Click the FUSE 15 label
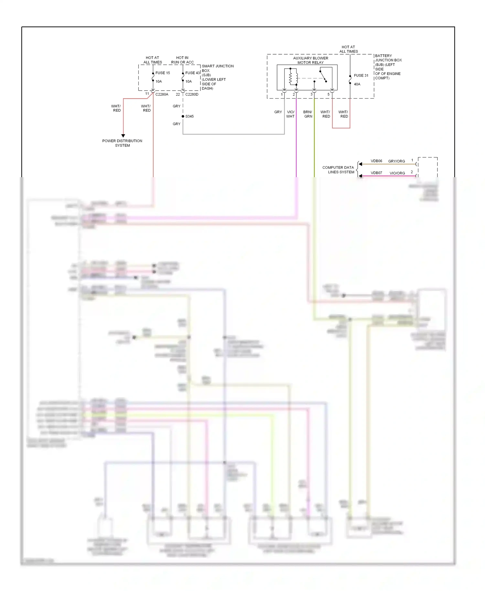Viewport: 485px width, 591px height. click(x=162, y=73)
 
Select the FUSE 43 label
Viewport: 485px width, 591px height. click(x=192, y=73)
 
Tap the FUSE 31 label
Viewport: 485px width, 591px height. click(x=361, y=76)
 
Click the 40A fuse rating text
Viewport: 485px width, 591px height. click(x=357, y=84)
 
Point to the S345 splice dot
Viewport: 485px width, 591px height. click(x=183, y=116)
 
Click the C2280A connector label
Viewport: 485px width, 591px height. click(x=162, y=94)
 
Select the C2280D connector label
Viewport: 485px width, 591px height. click(x=192, y=94)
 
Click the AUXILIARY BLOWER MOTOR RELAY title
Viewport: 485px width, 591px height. click(x=310, y=60)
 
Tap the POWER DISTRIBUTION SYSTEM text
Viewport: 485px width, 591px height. click(x=122, y=143)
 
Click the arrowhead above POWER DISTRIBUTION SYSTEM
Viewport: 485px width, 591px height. click(x=123, y=136)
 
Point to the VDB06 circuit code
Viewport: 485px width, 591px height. click(x=376, y=161)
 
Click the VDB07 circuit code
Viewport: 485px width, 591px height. click(x=376, y=173)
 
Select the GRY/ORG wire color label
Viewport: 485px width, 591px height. click(x=396, y=161)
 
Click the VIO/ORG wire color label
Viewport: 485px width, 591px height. click(x=397, y=173)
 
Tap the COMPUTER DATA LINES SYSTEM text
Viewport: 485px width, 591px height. click(x=339, y=170)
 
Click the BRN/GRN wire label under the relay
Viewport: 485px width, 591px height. click(x=308, y=114)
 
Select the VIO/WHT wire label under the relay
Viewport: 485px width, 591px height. click(x=290, y=114)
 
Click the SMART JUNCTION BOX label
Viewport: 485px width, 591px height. click(x=217, y=77)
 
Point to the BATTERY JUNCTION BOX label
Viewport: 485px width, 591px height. click(x=388, y=67)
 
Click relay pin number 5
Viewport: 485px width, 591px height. click(x=328, y=94)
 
